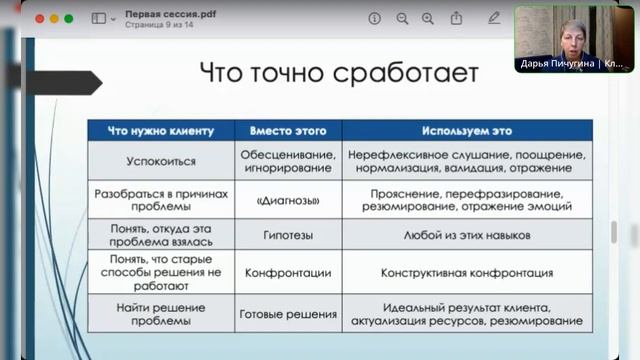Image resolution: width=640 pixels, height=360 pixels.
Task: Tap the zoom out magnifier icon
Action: pyautogui.click(x=402, y=18)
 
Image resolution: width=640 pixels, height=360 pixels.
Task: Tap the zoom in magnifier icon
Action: pyautogui.click(x=428, y=18)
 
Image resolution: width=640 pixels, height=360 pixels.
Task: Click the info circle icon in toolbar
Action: pyautogui.click(x=374, y=18)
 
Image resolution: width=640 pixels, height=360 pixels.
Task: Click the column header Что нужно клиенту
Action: pyautogui.click(x=161, y=130)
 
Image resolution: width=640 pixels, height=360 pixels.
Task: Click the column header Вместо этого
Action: pyautogui.click(x=287, y=130)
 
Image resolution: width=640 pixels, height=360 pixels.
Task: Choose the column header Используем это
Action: pyautogui.click(x=466, y=130)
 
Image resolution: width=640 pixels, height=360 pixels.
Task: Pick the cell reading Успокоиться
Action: pyautogui.click(x=161, y=160)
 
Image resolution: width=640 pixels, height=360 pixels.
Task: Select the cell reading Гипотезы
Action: pyautogui.click(x=287, y=235)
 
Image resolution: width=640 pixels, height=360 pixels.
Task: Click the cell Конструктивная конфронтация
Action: pyautogui.click(x=466, y=272)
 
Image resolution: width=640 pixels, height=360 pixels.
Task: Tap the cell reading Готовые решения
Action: pyautogui.click(x=287, y=314)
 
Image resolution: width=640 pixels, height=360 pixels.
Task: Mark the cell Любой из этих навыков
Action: pyautogui.click(x=466, y=235)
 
